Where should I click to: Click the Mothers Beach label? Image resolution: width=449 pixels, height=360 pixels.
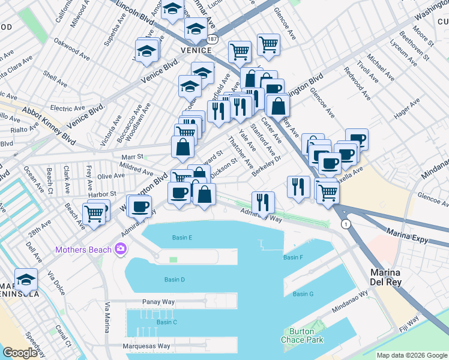pyautogui.click(x=84, y=249)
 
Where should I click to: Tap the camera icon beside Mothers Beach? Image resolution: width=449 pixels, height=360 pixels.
pyautogui.click(x=121, y=248)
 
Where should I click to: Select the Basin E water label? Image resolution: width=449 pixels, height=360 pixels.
pyautogui.click(x=182, y=238)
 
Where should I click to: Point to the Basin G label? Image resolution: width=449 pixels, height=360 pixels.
pyautogui.click(x=303, y=294)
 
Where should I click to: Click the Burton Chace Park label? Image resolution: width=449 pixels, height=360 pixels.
pyautogui.click(x=302, y=335)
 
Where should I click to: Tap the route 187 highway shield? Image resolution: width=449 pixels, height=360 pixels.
pyautogui.click(x=212, y=38)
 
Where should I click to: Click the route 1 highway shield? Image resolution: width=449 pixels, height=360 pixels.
pyautogui.click(x=346, y=224)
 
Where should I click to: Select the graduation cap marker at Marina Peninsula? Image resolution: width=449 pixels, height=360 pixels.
pyautogui.click(x=26, y=280)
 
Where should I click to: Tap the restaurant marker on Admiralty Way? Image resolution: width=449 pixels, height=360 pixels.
pyautogui.click(x=263, y=202)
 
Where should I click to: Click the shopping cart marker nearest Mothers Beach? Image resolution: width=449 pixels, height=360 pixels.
pyautogui.click(x=94, y=214)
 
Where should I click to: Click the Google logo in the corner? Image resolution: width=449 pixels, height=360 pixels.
pyautogui.click(x=20, y=353)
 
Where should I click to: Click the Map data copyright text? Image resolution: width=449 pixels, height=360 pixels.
pyautogui.click(x=412, y=355)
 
